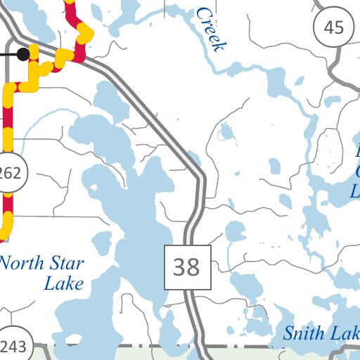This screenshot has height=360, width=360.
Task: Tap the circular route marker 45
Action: point(334,28)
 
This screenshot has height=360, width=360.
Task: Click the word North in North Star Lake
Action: point(22,265)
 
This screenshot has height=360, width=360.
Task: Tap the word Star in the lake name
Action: point(67,265)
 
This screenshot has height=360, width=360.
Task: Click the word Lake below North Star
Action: point(63,284)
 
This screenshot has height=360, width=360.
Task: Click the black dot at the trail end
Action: point(23,53)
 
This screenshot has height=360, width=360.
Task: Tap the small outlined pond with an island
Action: point(226,131)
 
